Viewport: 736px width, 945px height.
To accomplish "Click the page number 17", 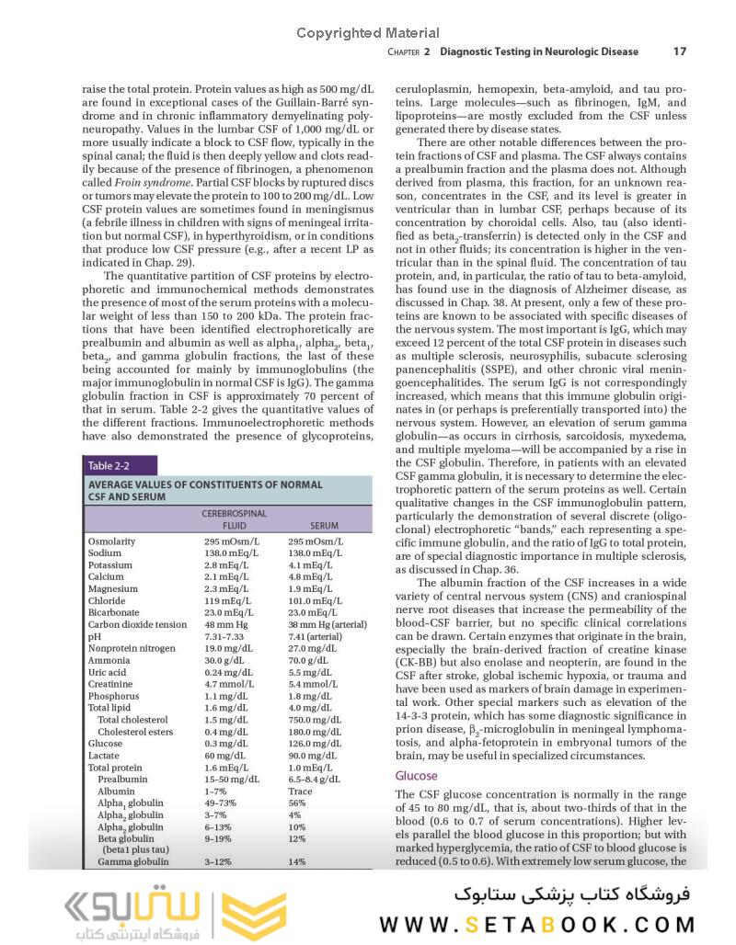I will click(x=679, y=51).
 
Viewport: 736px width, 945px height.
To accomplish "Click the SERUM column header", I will click(x=324, y=526).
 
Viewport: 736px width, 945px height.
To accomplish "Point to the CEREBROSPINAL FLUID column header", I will click(x=234, y=519).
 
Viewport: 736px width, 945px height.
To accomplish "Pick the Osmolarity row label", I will click(x=111, y=541).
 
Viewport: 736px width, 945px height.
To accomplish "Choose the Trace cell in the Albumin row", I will click(x=300, y=791).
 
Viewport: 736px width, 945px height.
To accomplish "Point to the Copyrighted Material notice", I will click(x=368, y=33).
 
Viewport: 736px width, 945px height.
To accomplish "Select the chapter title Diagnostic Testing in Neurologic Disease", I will click(x=539, y=51).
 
